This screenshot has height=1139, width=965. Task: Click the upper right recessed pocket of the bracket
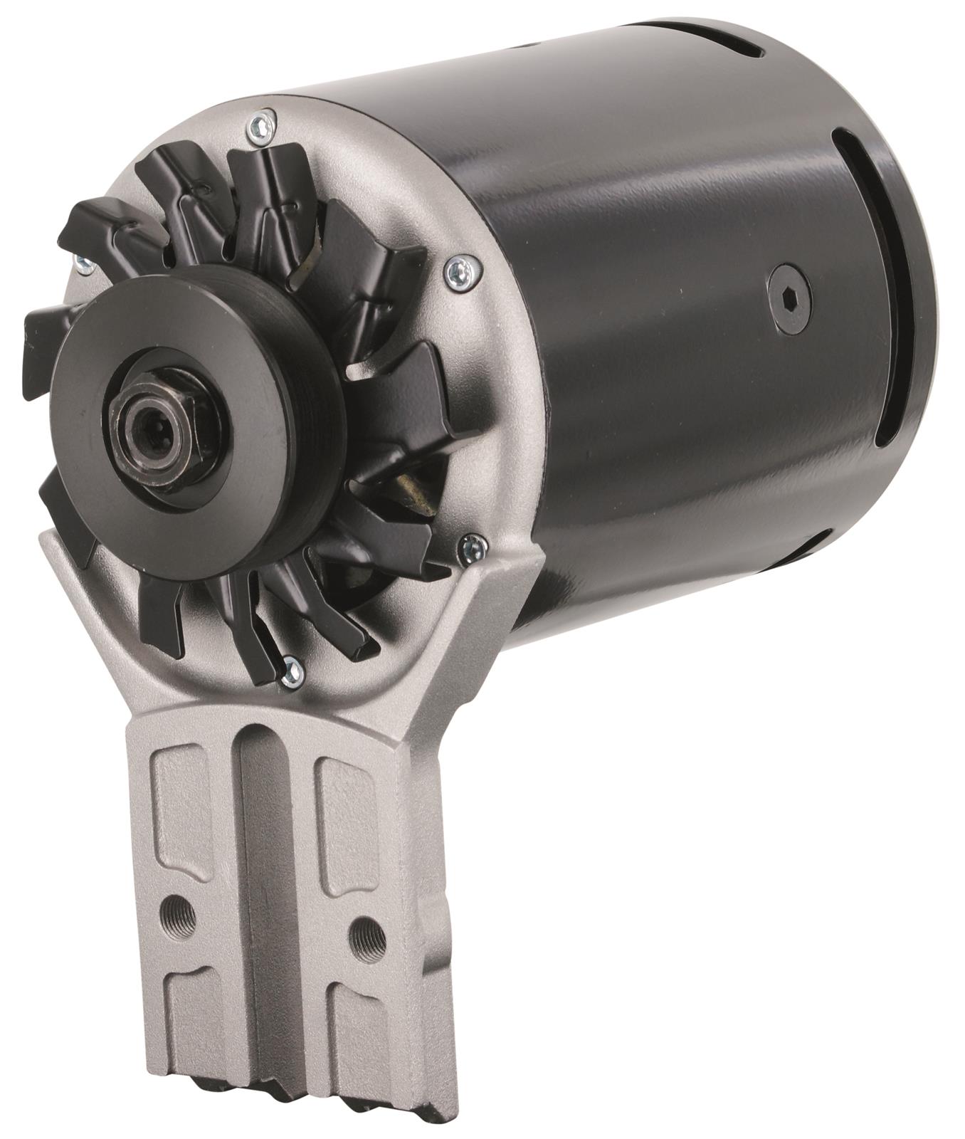point(349,819)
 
